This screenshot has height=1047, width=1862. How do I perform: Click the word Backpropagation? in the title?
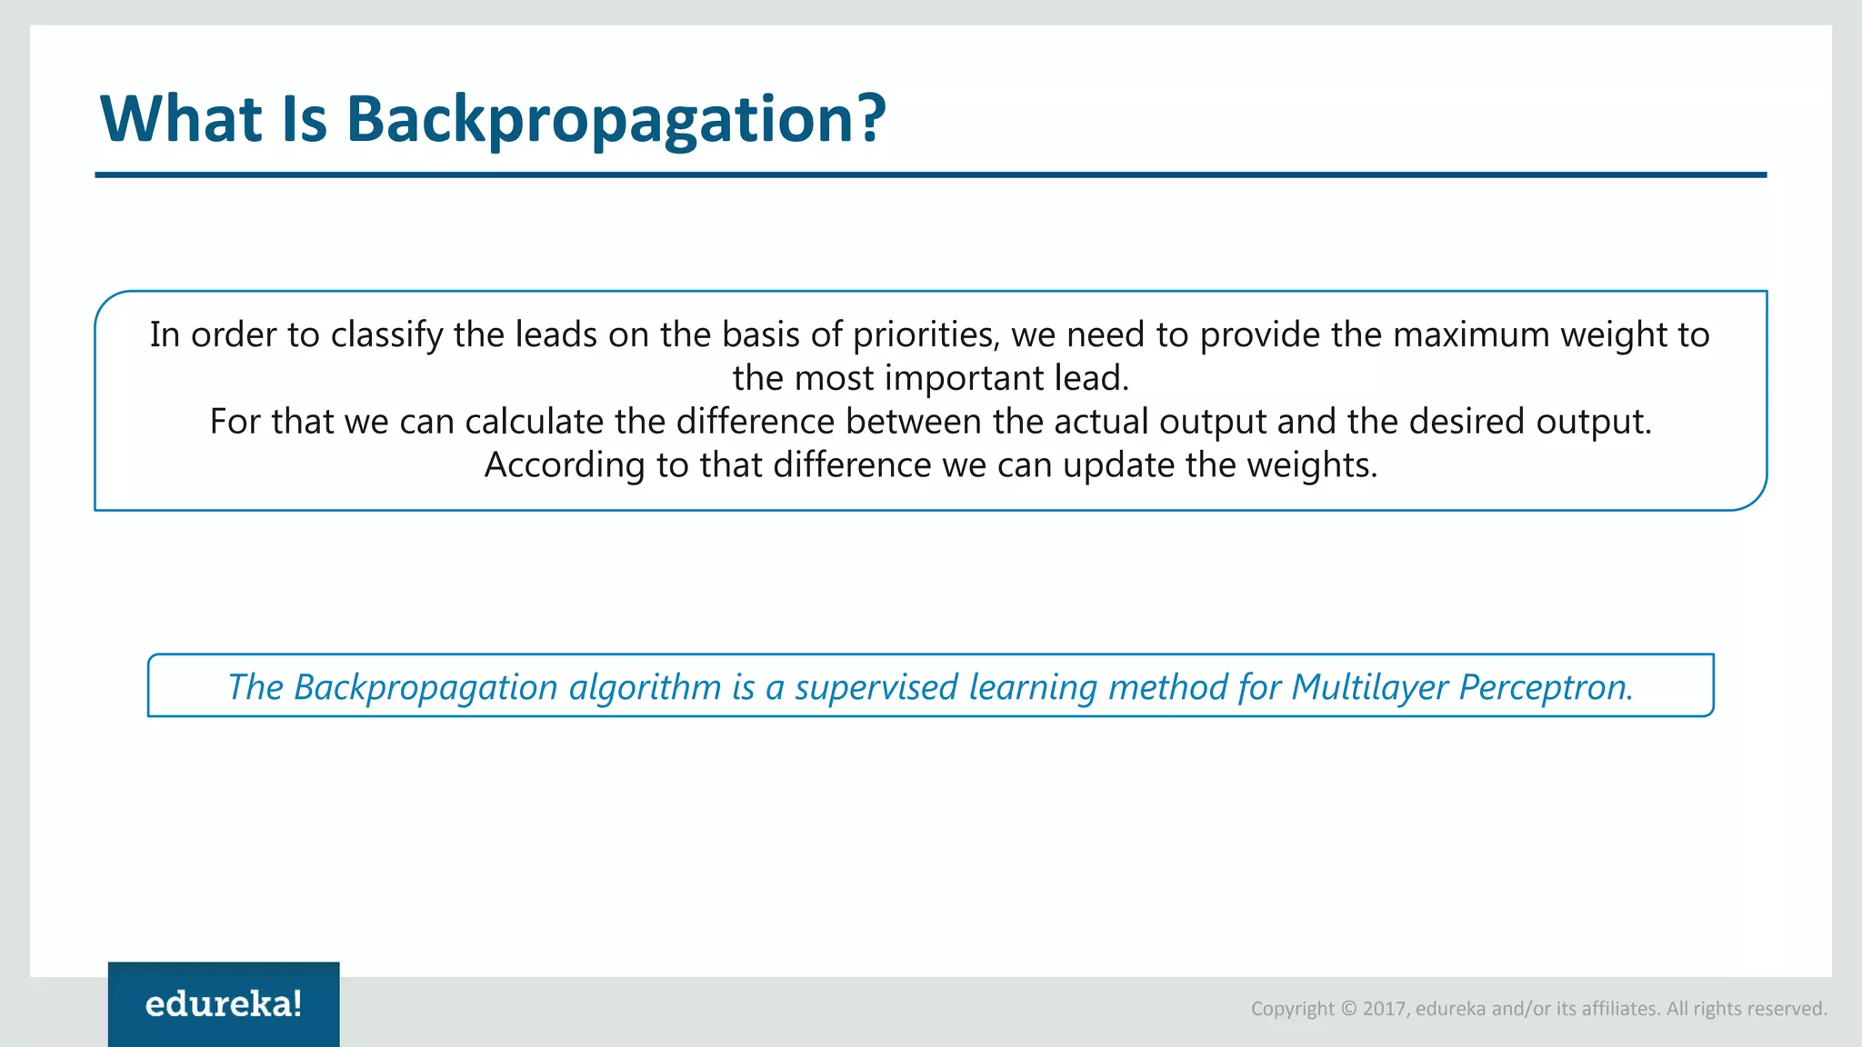(x=616, y=120)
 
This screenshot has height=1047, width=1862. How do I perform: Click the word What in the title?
(x=181, y=118)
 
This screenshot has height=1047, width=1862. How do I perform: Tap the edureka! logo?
(x=224, y=1004)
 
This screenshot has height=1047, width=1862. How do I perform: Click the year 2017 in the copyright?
(x=1385, y=1009)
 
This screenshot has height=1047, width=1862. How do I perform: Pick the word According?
(x=565, y=465)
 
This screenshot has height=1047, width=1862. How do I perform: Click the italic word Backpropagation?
(x=425, y=687)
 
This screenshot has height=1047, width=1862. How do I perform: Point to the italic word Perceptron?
(x=1546, y=687)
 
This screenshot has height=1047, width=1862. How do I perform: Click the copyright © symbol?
(x=1348, y=1009)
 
